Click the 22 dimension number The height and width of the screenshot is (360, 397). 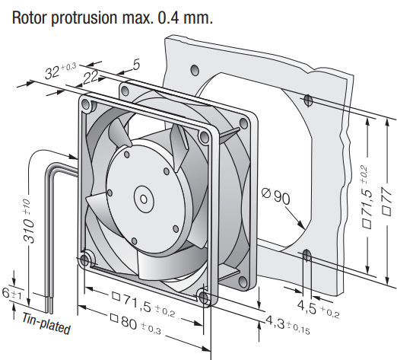pos(91,77)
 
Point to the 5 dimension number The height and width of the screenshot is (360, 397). pos(136,65)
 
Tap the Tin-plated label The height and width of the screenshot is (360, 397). pos(46,324)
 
